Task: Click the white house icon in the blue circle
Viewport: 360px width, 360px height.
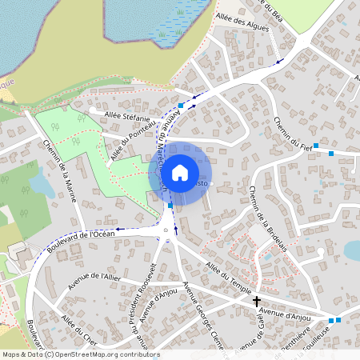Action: point(179,173)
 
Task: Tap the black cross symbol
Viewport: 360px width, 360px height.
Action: point(257,302)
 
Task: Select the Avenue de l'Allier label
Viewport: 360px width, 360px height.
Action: point(94,277)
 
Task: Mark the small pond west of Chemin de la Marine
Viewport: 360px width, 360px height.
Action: point(41,186)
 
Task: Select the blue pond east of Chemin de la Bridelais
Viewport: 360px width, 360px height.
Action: point(352,250)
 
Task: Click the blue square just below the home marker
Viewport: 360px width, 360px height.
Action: point(170,206)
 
